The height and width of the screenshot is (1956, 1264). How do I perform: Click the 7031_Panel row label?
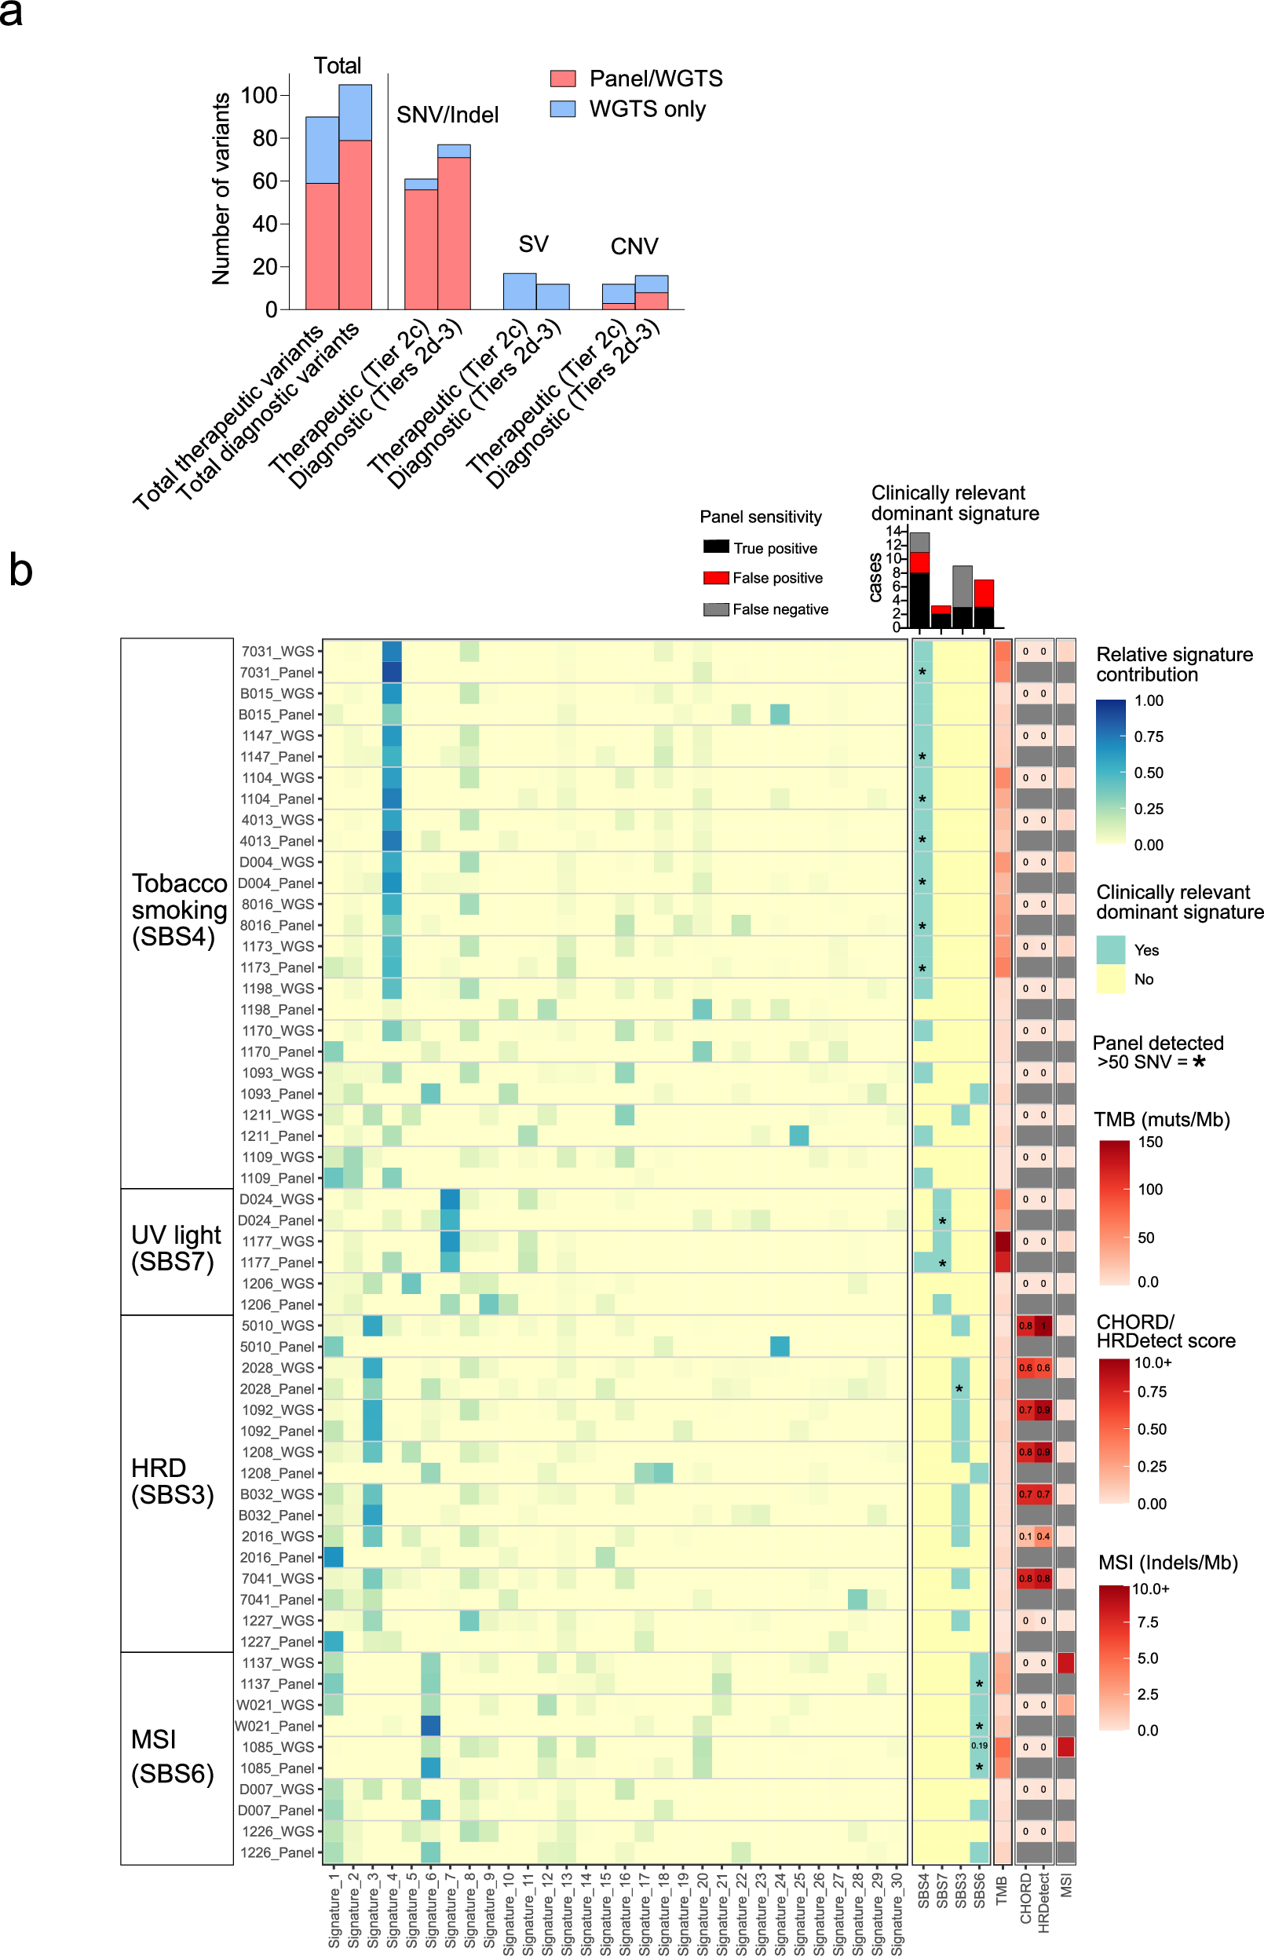pos(276,672)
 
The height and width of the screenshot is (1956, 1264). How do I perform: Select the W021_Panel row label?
pos(275,1726)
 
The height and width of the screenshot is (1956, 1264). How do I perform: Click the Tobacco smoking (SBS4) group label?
pos(178,909)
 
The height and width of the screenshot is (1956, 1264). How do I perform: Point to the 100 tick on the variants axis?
pos(258,95)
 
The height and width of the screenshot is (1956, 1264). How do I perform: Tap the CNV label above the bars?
pos(634,247)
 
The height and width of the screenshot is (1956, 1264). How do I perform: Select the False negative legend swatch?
pos(716,609)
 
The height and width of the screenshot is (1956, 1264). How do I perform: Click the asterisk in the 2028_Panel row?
pos(959,1389)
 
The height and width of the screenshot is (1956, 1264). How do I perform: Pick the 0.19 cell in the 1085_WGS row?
pos(979,1746)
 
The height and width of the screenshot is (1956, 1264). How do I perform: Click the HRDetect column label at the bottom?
pos(1043,1903)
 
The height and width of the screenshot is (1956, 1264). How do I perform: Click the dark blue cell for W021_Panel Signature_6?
pos(431,1725)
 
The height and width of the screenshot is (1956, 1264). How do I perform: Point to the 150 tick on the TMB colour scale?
pos(1150,1142)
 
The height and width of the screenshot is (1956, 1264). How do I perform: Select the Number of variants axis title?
pos(221,188)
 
